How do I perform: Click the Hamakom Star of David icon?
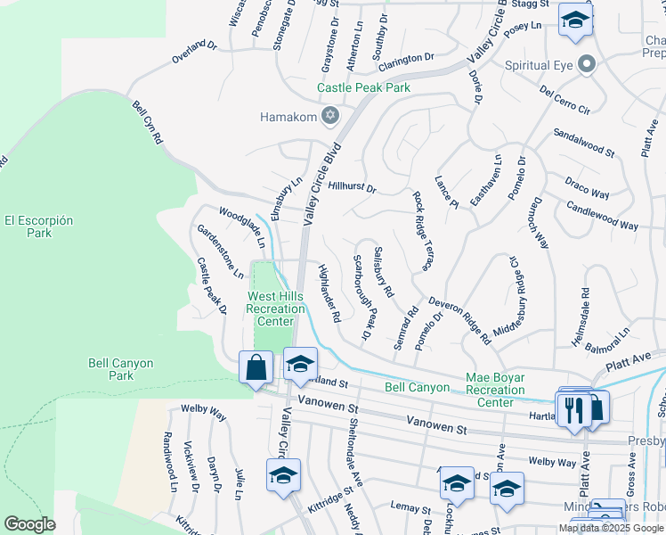[x=330, y=115]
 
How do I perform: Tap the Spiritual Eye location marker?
[x=587, y=65]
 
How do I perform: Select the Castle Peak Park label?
[x=365, y=87]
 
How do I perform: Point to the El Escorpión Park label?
[x=38, y=226]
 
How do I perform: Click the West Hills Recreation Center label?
[x=282, y=309]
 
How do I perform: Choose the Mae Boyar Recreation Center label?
[x=495, y=391]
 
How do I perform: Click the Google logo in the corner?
[x=29, y=523]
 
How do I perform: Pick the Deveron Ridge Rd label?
[x=459, y=320]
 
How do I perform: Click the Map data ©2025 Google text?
[x=612, y=528]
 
